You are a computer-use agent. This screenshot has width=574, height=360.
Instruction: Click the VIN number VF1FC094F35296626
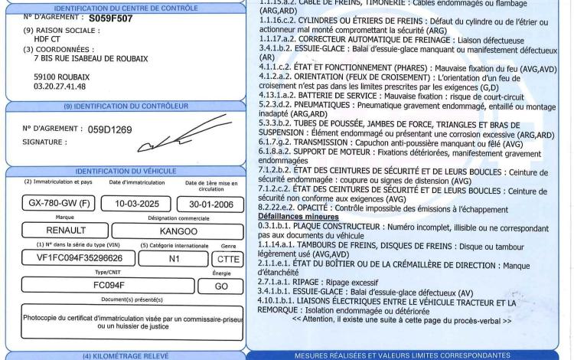point(68,258)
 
